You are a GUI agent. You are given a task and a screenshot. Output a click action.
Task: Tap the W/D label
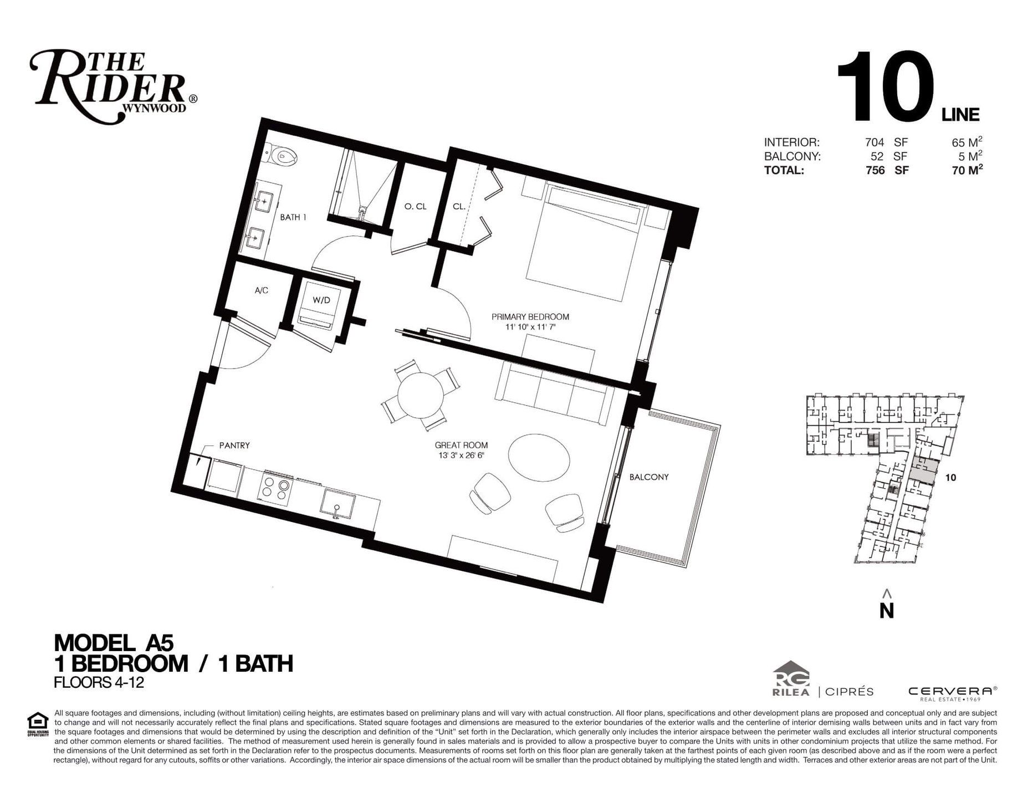321,300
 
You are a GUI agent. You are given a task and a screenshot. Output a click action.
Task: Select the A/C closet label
262,290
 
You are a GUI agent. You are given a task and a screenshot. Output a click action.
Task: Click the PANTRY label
234,445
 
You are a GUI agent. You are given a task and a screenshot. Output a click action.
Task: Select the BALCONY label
649,477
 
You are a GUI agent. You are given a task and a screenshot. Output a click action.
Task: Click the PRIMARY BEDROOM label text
530,317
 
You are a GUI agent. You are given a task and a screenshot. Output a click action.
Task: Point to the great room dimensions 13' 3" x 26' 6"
461,456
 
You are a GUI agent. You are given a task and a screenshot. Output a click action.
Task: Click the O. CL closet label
416,207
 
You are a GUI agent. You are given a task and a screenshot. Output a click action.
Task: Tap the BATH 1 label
293,217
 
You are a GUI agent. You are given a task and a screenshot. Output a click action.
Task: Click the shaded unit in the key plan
923,470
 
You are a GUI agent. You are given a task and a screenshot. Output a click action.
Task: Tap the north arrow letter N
887,610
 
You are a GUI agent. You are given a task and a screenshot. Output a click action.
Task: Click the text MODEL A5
114,643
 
